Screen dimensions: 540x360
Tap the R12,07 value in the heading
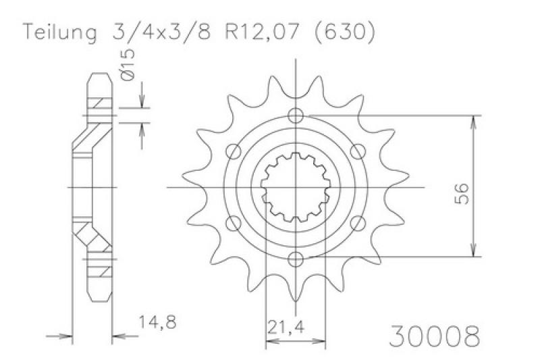261,32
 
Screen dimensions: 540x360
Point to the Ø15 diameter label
128,65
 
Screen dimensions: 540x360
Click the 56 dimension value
462,194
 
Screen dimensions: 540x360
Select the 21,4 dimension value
286,328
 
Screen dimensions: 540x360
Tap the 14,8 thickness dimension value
157,322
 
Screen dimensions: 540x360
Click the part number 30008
434,336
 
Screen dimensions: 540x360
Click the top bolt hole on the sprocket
296,115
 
